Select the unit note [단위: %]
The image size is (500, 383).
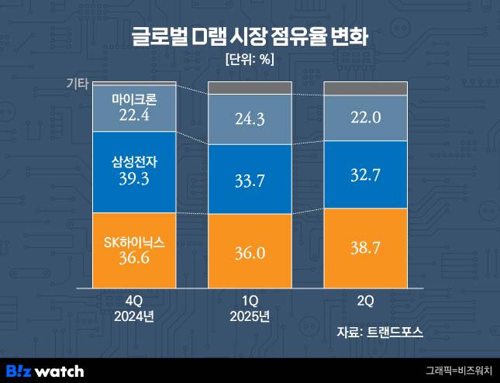[x=250, y=60]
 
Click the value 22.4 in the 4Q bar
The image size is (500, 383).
[x=134, y=116]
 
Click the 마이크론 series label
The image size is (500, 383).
[x=134, y=100]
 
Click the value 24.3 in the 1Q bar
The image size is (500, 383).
[x=249, y=120]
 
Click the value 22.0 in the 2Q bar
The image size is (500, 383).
[x=365, y=117]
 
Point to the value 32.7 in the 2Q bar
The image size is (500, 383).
[x=365, y=174]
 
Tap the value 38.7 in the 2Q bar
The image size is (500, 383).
[x=365, y=249]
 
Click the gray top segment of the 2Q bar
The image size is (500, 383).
[x=365, y=88]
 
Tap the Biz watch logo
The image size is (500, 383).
[x=45, y=371]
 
